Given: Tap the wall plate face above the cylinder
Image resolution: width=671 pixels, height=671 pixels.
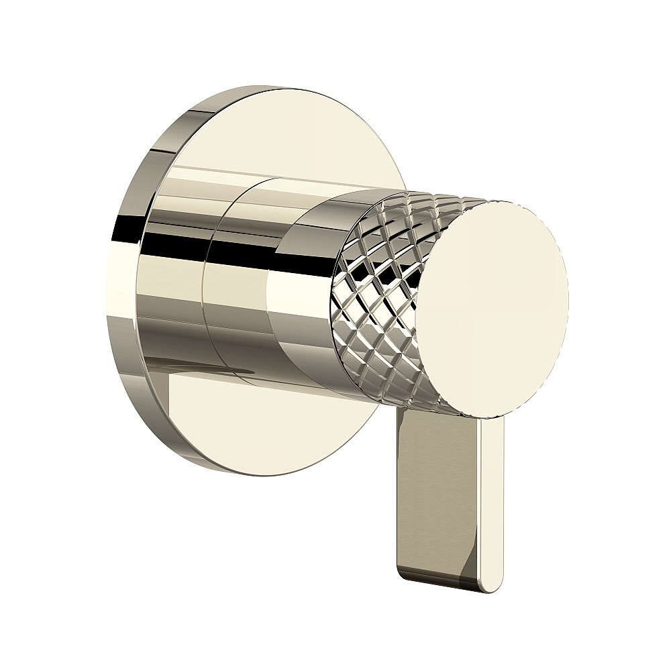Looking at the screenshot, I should (282, 134).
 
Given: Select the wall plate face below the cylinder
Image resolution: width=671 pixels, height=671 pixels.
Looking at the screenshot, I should (268, 429).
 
